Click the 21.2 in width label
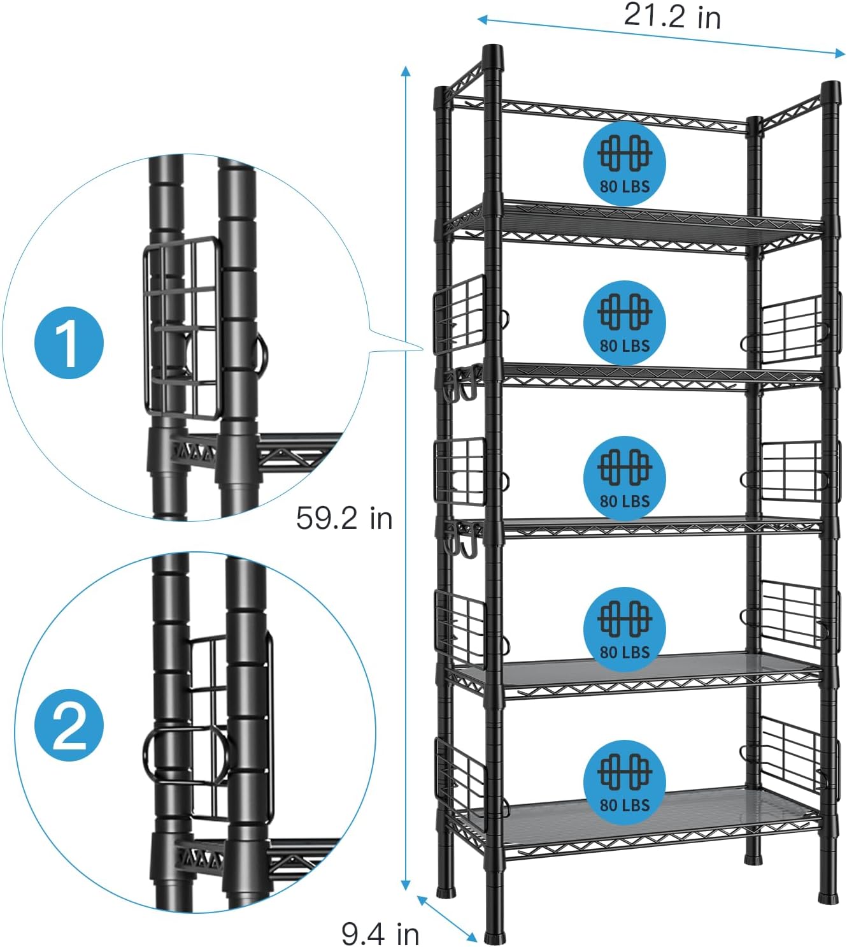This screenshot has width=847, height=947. coord(672,15)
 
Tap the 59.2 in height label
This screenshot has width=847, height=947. coord(344,518)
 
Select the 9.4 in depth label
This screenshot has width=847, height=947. coord(380,934)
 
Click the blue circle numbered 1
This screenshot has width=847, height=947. coord(69,343)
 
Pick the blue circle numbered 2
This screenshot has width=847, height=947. coord(69,726)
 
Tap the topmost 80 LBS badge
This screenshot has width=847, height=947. coord(624,164)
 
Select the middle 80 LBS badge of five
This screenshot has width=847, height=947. coord(624,478)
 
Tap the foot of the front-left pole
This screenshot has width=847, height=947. coord(494,937)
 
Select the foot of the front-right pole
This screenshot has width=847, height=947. coord(829,897)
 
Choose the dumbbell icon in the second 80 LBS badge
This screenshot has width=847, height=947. coord(624,312)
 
